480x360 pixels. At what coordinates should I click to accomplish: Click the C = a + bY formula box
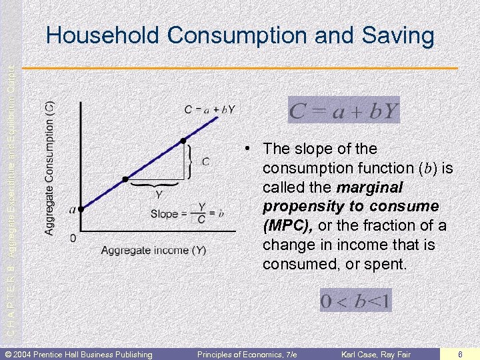point(343,111)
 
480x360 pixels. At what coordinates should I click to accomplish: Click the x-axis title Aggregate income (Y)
point(153,251)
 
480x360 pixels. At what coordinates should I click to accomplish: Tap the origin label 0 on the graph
point(72,237)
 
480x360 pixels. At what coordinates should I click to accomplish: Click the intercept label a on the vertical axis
point(72,209)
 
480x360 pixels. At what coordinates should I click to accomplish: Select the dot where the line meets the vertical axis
point(80,209)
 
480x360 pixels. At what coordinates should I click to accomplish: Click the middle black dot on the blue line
point(125,179)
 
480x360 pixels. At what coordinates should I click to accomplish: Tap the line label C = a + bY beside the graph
point(209,109)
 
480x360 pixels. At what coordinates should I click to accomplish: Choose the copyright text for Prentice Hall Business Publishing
point(79,353)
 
